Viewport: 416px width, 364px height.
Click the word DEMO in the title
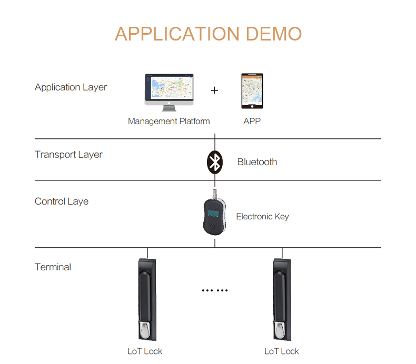point(274,34)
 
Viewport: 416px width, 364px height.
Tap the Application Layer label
point(71,87)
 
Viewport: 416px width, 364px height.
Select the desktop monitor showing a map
point(169,92)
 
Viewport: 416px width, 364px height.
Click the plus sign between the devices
point(214,90)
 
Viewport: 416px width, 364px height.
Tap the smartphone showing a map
point(252,91)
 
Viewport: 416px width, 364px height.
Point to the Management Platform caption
point(169,121)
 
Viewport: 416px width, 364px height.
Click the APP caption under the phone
point(252,121)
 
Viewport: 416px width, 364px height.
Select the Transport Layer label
point(68,155)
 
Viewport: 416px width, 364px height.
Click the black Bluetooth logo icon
point(215,162)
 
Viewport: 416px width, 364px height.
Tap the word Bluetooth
point(257,162)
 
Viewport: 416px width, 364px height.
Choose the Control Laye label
point(62,201)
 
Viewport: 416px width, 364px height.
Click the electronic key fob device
point(215,213)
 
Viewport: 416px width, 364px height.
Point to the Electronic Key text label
point(262,217)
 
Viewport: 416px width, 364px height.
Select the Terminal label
point(53,267)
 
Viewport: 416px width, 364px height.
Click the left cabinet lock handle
point(147,300)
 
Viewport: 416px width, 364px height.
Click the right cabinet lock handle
point(282,300)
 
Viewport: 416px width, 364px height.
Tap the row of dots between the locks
point(215,290)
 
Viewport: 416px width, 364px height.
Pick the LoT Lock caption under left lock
point(145,351)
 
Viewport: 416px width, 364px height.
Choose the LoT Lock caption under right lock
point(282,351)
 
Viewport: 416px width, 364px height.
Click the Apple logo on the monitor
point(169,103)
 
